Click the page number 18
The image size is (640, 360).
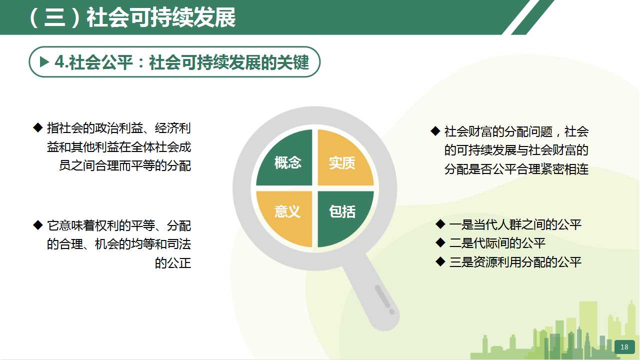(x=624, y=347)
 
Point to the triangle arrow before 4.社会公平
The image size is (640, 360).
(x=44, y=61)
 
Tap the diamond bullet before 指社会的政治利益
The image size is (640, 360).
(x=37, y=127)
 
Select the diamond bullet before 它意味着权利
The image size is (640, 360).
(x=37, y=225)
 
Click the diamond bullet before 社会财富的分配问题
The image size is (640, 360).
(x=435, y=131)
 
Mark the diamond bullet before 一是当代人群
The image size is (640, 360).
(x=440, y=224)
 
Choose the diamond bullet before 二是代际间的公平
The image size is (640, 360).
(x=440, y=243)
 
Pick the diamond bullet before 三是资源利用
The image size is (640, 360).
(x=440, y=261)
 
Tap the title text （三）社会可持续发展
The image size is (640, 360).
(x=132, y=17)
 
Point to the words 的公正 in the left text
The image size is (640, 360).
(x=173, y=263)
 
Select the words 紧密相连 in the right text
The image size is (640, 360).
(x=564, y=169)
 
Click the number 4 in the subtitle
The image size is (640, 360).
(x=59, y=62)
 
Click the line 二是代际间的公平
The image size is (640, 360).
(x=497, y=243)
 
